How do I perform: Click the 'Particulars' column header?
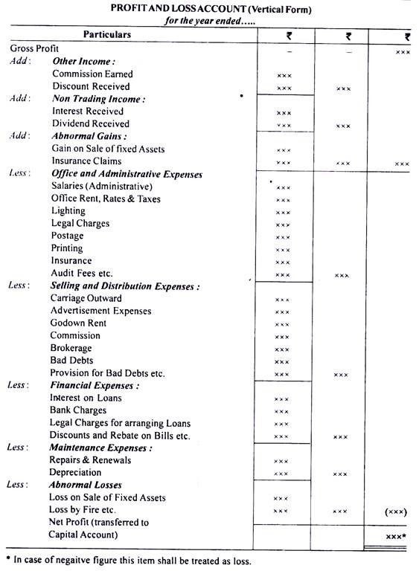pos(107,35)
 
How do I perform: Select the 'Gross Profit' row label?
pos(34,48)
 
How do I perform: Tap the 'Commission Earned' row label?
pos(92,74)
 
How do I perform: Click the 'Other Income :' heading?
pos(84,61)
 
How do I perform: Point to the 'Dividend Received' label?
pos(90,123)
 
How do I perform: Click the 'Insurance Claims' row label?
pos(86,161)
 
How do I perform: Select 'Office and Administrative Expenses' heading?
pos(126,174)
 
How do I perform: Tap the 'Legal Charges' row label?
pos(80,223)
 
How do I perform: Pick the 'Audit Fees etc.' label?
pos(82,273)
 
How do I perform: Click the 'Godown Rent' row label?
pos(78,323)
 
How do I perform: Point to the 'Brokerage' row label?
pos(72,348)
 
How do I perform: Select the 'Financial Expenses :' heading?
pos(95,385)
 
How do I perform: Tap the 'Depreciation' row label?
pos(75,472)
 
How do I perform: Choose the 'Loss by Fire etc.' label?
pos(83,510)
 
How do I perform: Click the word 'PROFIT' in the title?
pos(130,9)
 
